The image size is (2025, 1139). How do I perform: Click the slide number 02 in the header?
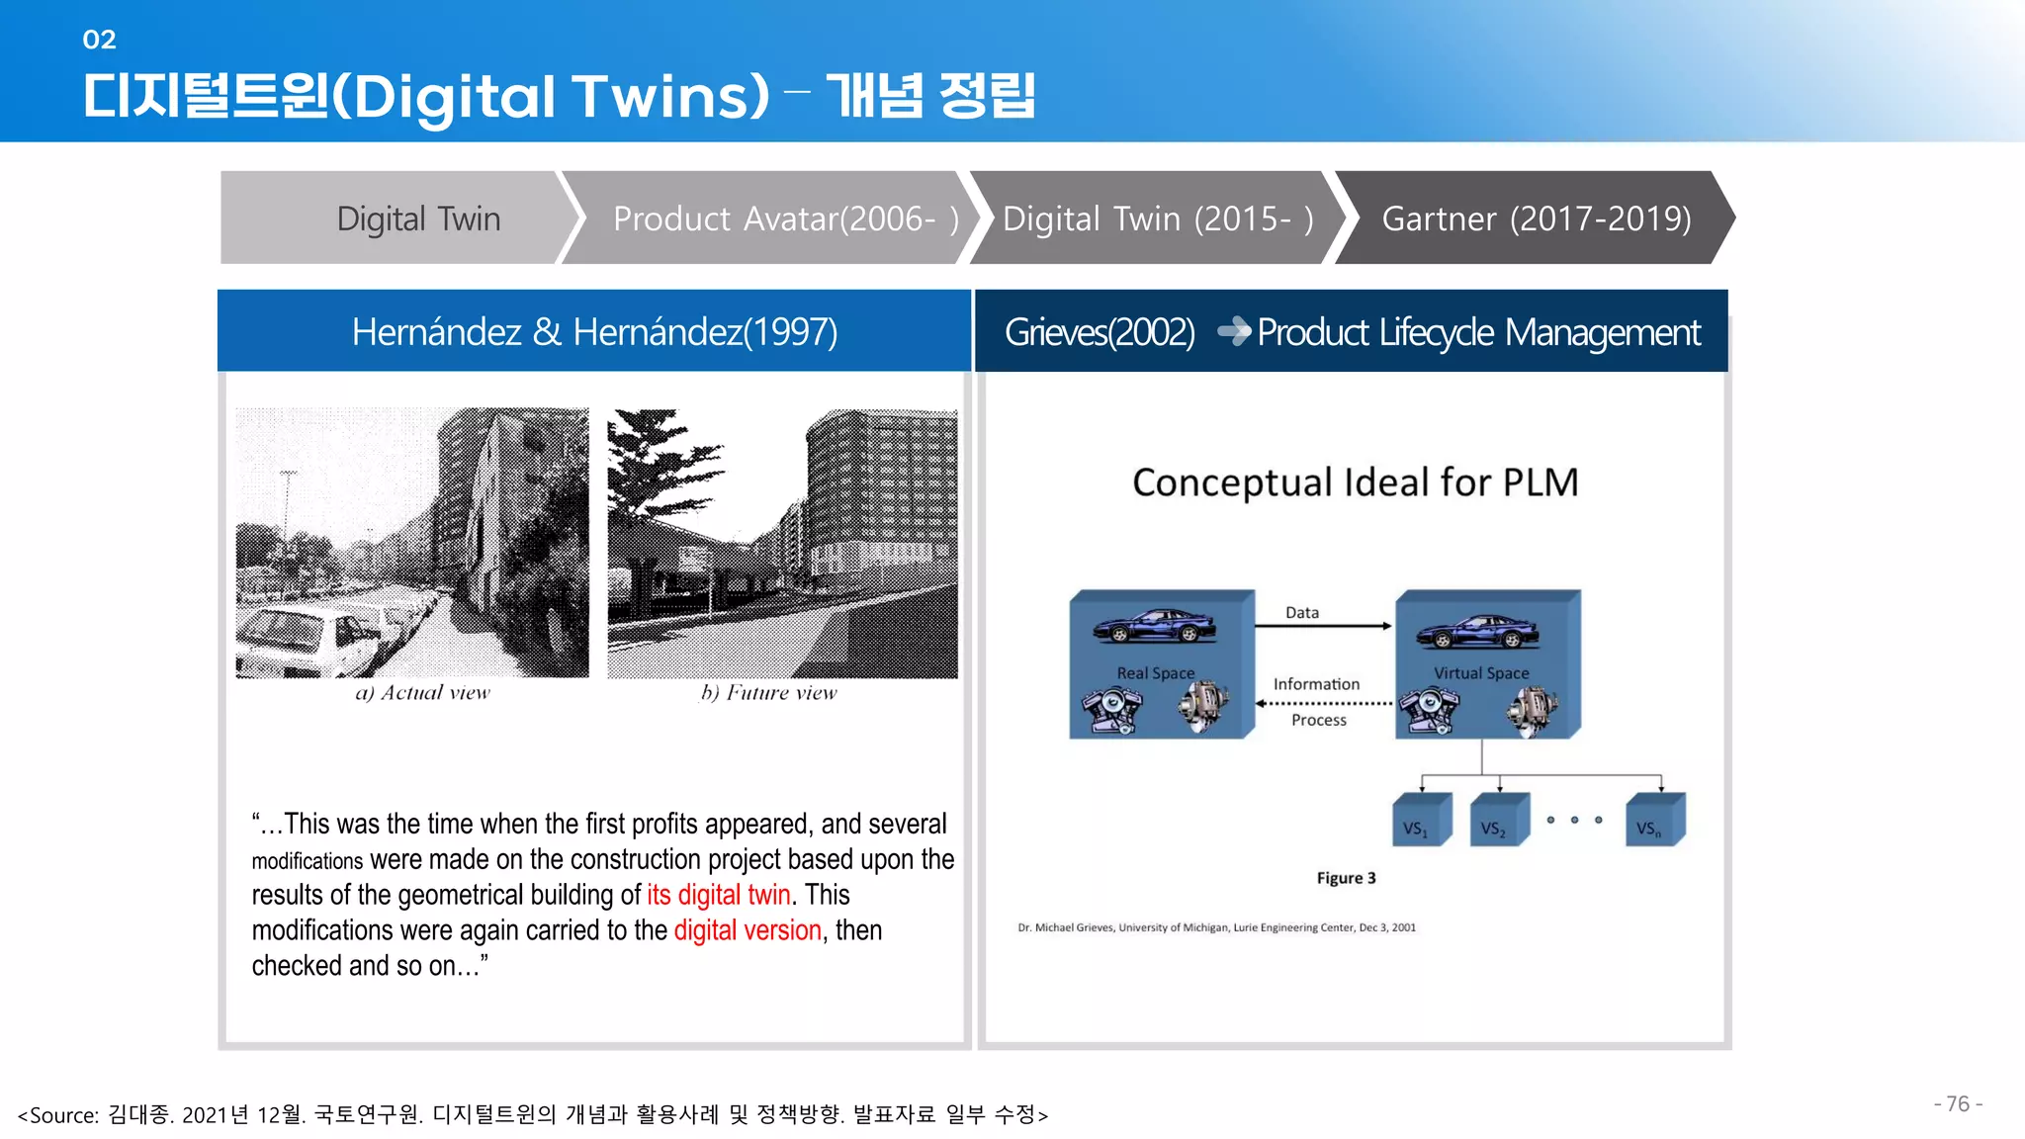tap(99, 40)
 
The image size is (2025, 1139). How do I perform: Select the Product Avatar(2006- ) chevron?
tap(771, 219)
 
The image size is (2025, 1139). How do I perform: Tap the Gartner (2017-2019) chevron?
tap(1535, 219)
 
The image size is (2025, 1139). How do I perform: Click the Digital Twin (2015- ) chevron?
tap(1157, 219)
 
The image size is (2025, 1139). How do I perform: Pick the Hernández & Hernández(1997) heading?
tap(594, 332)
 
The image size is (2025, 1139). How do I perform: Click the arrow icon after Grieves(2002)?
tap(1233, 332)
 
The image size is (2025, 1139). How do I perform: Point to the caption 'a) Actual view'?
tap(422, 693)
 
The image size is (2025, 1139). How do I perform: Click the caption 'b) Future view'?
tap(768, 693)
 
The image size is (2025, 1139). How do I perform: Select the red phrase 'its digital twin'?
tap(719, 895)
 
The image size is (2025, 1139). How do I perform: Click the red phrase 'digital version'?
tap(748, 930)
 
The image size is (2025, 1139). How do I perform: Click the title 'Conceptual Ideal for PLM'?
tap(1355, 482)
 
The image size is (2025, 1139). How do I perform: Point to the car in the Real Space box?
tap(1154, 627)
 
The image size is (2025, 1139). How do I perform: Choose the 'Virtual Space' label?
tap(1480, 673)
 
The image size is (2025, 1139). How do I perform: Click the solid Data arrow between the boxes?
tap(1323, 626)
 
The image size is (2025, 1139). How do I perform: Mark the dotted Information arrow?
tap(1323, 703)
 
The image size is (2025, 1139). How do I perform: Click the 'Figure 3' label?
tap(1346, 878)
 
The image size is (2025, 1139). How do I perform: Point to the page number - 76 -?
tap(1958, 1104)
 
